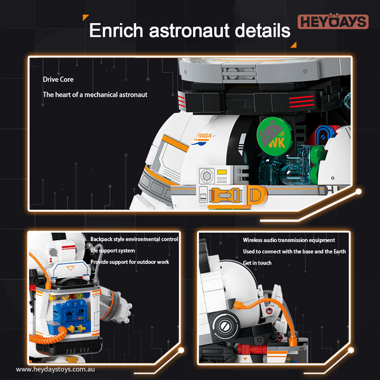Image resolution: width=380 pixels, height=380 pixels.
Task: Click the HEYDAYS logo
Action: tap(333, 21)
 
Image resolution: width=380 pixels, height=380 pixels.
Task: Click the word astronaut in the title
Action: tap(189, 31)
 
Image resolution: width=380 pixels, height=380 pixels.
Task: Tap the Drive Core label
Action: tap(58, 80)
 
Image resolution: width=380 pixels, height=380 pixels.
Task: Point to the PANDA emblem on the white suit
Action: tap(203, 139)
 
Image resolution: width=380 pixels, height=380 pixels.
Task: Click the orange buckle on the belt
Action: tap(225, 195)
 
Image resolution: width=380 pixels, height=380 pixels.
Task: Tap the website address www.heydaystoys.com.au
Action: tap(55, 369)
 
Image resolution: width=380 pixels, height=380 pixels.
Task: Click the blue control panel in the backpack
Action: tap(70, 314)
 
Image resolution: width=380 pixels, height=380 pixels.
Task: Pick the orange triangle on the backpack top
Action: tap(71, 268)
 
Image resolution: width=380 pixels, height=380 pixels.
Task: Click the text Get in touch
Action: tap(257, 263)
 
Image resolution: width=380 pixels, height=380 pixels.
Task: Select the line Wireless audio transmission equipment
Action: tap(289, 240)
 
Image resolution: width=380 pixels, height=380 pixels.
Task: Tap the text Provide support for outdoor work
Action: tap(130, 262)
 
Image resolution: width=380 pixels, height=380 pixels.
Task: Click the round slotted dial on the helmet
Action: tap(224, 326)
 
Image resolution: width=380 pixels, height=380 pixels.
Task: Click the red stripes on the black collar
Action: tap(301, 101)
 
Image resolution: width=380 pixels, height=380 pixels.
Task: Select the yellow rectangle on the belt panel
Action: tap(222, 172)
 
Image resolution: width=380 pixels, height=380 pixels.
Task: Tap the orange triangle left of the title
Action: tap(85, 17)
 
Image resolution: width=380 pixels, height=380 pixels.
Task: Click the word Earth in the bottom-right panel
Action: tap(339, 252)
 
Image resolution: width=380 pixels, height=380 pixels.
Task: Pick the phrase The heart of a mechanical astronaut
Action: tap(95, 94)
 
